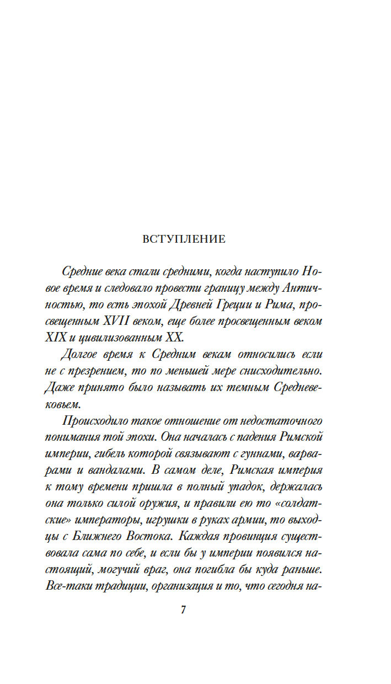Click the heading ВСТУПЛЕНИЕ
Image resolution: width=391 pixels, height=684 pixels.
[184, 239]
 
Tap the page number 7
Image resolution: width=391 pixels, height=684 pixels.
[184, 610]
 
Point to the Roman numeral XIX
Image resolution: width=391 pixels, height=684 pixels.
[55, 337]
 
